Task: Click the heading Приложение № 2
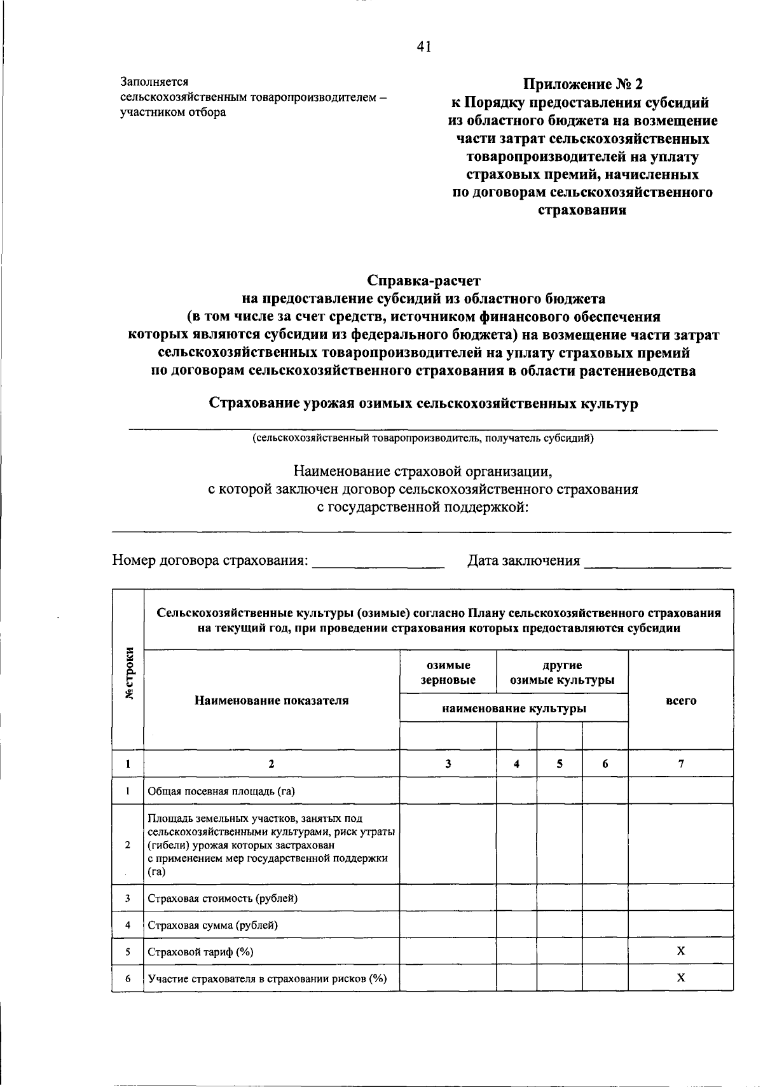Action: pyautogui.click(x=582, y=85)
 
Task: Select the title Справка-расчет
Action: pyautogui.click(x=423, y=280)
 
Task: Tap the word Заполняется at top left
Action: pyautogui.click(x=155, y=82)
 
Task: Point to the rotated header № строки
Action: pyautogui.click(x=129, y=673)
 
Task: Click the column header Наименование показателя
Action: pyautogui.click(x=272, y=700)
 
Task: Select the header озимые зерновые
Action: pyautogui.click(x=448, y=672)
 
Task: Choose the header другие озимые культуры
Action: pyautogui.click(x=562, y=672)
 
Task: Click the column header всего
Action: pyautogui.click(x=680, y=700)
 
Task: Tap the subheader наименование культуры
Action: pyautogui.click(x=514, y=708)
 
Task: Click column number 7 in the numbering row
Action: pyautogui.click(x=680, y=764)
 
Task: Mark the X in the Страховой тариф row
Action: pyautogui.click(x=680, y=951)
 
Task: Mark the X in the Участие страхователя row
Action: pyautogui.click(x=680, y=978)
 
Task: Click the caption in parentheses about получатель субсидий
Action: pyautogui.click(x=423, y=438)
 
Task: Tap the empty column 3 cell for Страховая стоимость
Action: pyautogui.click(x=448, y=898)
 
